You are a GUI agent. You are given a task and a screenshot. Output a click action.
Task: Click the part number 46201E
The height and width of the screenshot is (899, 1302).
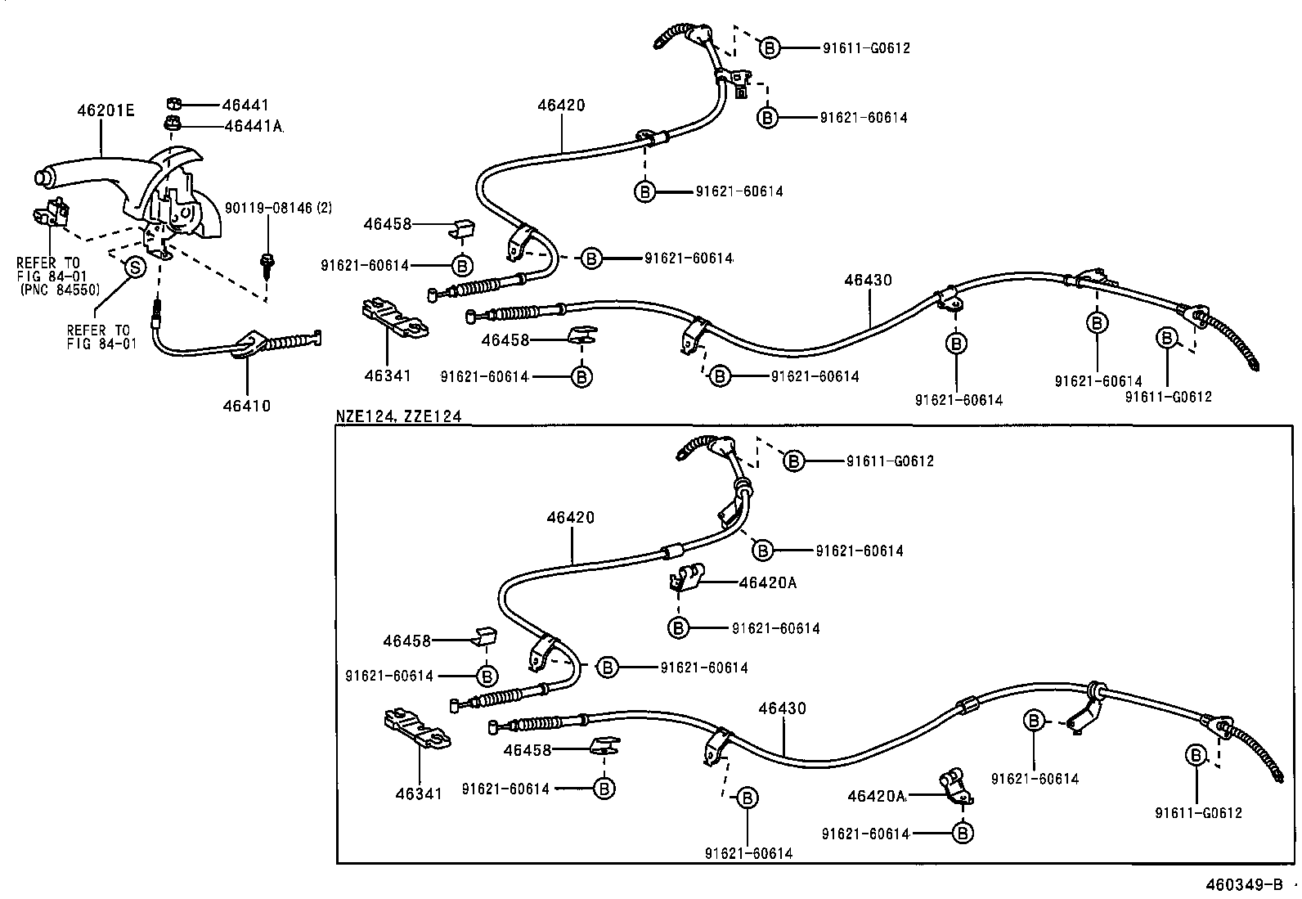click(x=106, y=109)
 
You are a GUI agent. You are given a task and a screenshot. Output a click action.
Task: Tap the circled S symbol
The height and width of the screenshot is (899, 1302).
click(x=133, y=267)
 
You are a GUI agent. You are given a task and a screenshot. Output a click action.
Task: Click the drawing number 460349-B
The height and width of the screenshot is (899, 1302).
click(x=1245, y=885)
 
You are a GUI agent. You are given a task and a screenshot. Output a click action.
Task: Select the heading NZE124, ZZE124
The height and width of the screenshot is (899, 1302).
click(x=398, y=416)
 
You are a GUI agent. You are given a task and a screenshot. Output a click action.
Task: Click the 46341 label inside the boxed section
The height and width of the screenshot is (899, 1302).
click(x=418, y=793)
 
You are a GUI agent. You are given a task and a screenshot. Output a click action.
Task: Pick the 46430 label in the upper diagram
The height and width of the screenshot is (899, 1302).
click(x=868, y=280)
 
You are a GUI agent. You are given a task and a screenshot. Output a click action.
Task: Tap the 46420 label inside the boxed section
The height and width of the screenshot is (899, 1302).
click(x=570, y=518)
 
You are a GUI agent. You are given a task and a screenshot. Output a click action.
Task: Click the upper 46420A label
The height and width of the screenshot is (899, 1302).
click(x=767, y=582)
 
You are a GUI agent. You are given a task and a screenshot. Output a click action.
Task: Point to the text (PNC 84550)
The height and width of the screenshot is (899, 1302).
click(x=58, y=290)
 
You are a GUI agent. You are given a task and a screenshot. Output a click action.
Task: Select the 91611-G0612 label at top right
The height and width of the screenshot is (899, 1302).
click(x=865, y=48)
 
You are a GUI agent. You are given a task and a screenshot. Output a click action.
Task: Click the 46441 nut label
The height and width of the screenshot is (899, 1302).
click(x=245, y=105)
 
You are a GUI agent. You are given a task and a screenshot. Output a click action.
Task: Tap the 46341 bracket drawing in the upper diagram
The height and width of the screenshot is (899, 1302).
click(x=394, y=319)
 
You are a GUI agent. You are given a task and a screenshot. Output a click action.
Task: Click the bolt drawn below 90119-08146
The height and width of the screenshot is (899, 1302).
click(x=267, y=264)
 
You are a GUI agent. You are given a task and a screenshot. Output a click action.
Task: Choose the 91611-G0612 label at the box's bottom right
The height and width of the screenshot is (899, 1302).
click(x=1198, y=812)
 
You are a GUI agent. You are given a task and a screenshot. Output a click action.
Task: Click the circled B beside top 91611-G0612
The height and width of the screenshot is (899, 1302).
click(x=769, y=48)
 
